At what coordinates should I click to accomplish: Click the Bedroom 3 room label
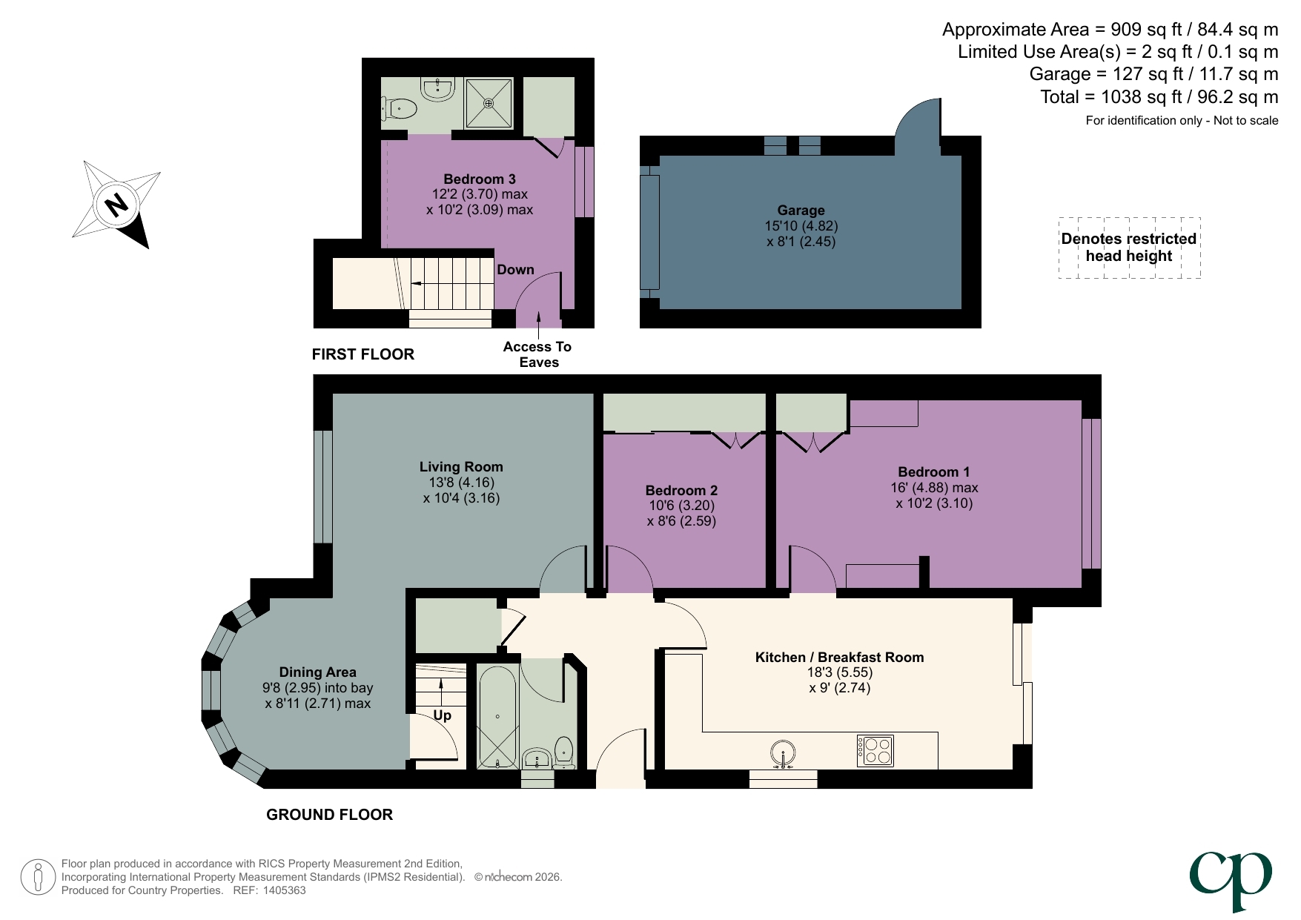(x=479, y=179)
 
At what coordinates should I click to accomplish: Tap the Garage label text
(x=801, y=211)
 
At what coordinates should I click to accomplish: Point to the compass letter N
(x=116, y=205)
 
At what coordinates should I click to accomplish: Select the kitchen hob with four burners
(x=875, y=750)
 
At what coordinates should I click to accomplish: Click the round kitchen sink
(x=783, y=753)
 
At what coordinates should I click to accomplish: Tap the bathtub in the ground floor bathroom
(x=497, y=717)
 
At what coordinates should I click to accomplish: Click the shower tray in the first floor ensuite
(x=489, y=103)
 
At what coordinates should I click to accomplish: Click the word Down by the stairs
(x=515, y=270)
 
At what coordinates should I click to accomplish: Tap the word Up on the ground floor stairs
(x=442, y=715)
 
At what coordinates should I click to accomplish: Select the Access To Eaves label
(x=537, y=354)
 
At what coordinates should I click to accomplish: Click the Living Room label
(x=461, y=467)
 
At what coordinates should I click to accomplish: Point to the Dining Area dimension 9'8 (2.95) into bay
(x=317, y=688)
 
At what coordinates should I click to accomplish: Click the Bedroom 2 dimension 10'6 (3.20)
(x=681, y=506)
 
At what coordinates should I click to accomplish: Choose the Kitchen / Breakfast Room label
(x=839, y=658)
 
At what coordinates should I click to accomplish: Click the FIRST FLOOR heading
(x=363, y=354)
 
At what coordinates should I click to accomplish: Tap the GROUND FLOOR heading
(x=329, y=815)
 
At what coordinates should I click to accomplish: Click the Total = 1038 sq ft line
(x=1159, y=97)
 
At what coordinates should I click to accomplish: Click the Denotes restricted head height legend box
(x=1128, y=248)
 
